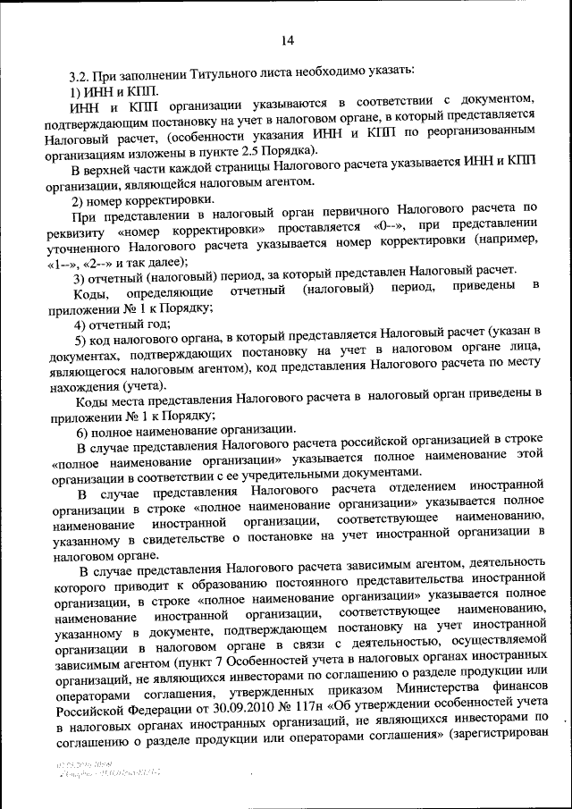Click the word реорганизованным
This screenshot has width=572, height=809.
coord(482,138)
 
